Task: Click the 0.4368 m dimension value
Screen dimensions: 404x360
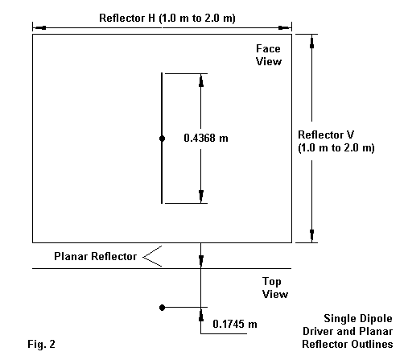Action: [206, 138]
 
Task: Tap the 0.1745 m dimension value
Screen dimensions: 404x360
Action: [235, 324]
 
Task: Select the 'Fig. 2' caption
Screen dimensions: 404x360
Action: [41, 344]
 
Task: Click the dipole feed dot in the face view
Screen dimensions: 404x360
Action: [162, 139]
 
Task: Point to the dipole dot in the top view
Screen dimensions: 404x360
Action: [162, 308]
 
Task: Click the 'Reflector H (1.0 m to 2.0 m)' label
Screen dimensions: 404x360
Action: [167, 19]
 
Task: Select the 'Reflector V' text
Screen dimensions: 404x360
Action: [326, 134]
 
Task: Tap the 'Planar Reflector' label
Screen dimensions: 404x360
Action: [96, 256]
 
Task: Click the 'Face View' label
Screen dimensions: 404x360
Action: [269, 55]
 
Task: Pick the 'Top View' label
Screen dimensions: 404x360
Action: [275, 288]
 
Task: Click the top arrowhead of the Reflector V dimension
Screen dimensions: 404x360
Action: [311, 42]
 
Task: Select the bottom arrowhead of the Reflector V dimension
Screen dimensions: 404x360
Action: [311, 235]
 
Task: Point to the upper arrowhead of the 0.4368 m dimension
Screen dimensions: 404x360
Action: [201, 81]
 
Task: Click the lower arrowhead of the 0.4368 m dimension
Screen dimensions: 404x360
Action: [201, 197]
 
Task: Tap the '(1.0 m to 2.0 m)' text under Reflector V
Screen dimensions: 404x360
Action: [336, 148]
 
